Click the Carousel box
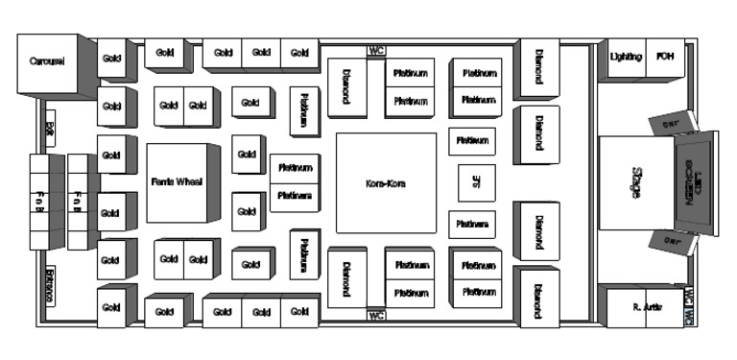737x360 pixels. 45,62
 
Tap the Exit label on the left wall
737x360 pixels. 49,128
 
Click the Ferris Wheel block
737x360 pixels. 177,181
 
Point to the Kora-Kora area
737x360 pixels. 385,182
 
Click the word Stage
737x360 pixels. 634,183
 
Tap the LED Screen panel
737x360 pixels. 687,182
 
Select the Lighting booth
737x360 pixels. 626,58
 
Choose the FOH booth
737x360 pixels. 664,58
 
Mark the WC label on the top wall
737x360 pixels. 376,51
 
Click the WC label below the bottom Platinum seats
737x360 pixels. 376,315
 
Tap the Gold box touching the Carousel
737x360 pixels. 111,60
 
